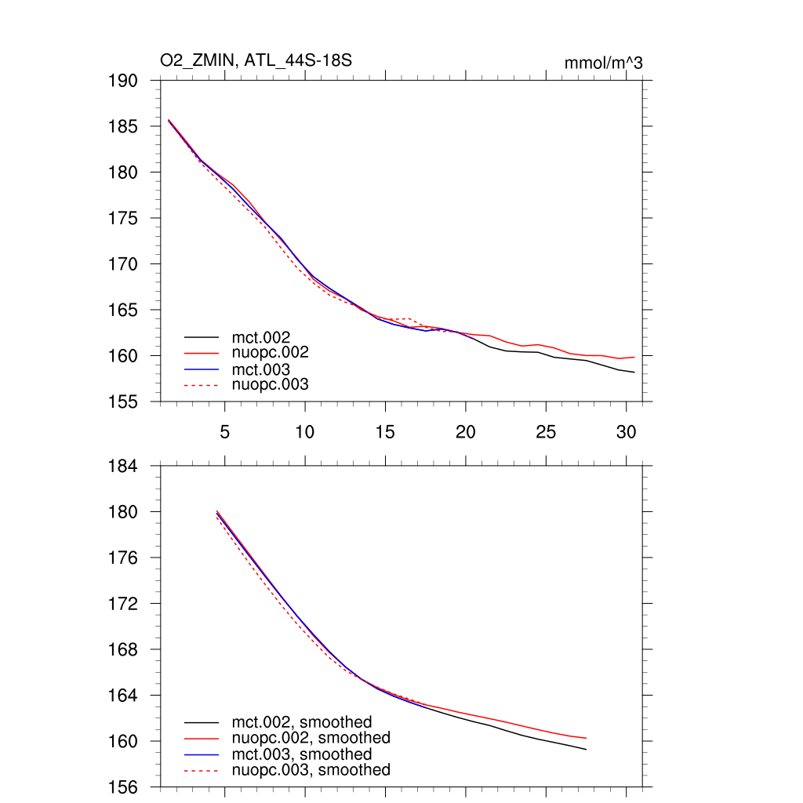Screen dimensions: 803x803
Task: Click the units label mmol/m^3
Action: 603,63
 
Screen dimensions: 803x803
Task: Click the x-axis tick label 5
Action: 225,431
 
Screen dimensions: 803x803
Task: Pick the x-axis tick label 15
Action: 385,431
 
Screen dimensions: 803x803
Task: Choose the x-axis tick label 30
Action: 626,431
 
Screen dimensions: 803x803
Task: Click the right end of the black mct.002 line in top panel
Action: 634,372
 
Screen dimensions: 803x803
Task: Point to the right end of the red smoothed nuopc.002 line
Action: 586,738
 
